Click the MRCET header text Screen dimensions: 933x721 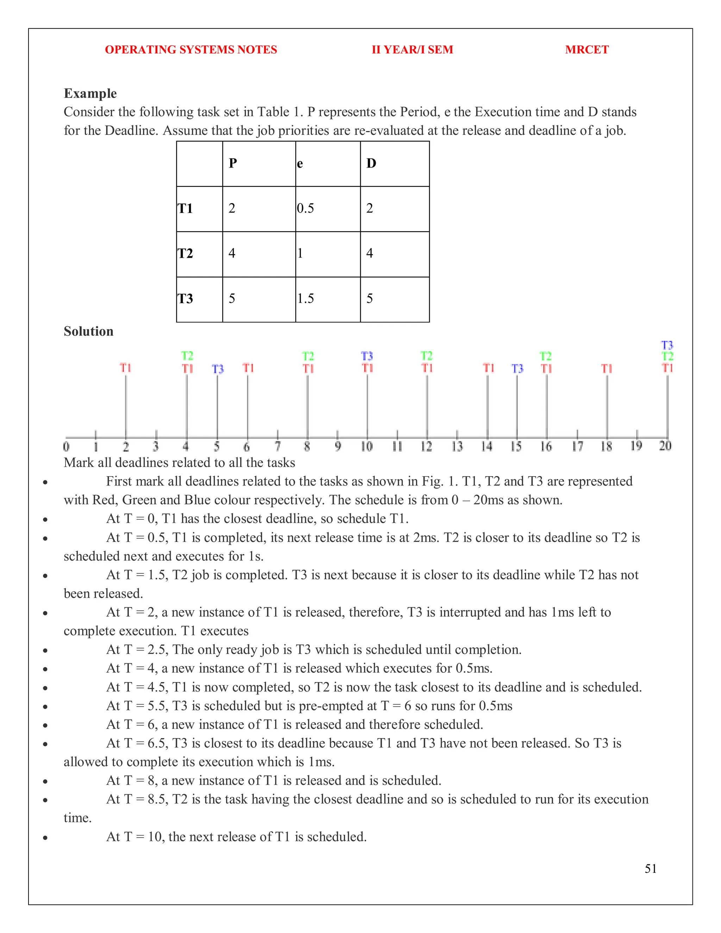pyautogui.click(x=587, y=50)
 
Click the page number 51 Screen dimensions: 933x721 pyautogui.click(x=651, y=869)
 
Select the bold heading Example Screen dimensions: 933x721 pyautogui.click(x=90, y=93)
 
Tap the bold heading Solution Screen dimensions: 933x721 pyautogui.click(x=88, y=331)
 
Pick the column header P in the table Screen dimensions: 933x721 pyautogui.click(x=233, y=163)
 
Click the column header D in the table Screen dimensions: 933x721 pyautogui.click(x=371, y=163)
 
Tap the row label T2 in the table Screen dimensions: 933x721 pyautogui.click(x=186, y=253)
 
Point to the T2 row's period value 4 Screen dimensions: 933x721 pyautogui.click(x=232, y=253)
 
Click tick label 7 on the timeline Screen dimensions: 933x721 pyautogui.click(x=278, y=446)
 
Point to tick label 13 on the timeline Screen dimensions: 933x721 pyautogui.click(x=457, y=446)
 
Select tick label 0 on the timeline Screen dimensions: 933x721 pyautogui.click(x=66, y=446)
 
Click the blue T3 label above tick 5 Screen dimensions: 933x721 pyautogui.click(x=218, y=369)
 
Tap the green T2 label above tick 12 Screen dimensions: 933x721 pyautogui.click(x=426, y=356)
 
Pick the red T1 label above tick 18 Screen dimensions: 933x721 pyautogui.click(x=607, y=368)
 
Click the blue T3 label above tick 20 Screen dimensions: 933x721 pyautogui.click(x=667, y=345)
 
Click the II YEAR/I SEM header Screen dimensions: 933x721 pyautogui.click(x=412, y=50)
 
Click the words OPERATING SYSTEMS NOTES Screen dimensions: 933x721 pyautogui.click(x=191, y=50)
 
